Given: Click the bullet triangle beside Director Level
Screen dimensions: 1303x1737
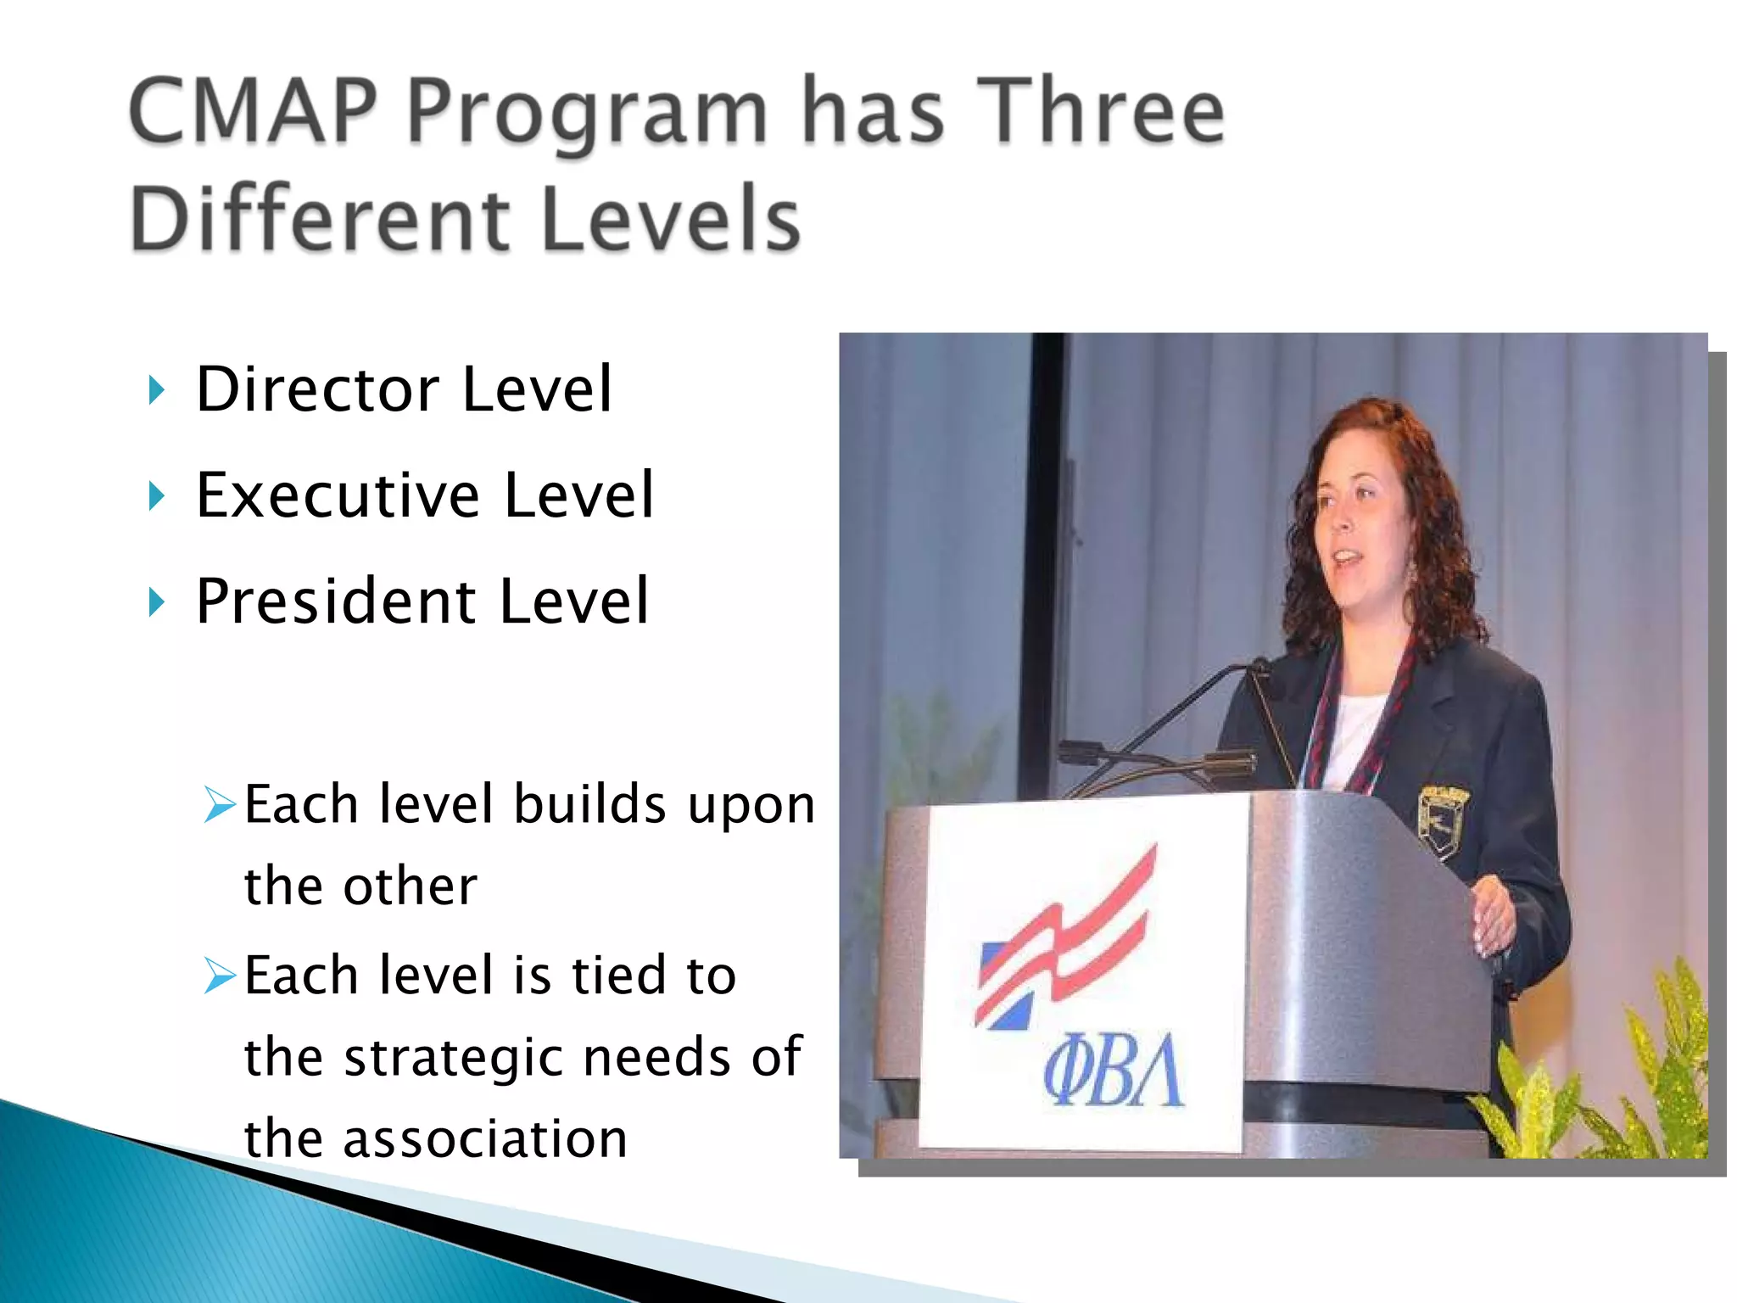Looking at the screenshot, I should tap(156, 391).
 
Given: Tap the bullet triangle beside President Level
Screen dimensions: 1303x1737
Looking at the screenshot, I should tap(156, 602).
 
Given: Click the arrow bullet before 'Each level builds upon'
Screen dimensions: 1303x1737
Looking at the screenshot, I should tap(220, 804).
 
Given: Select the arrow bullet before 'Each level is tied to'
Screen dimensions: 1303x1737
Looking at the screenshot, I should tap(220, 976).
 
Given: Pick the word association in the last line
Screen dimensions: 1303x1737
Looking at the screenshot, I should tap(484, 1139).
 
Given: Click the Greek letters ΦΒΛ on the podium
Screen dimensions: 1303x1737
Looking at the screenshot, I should tap(1112, 1071).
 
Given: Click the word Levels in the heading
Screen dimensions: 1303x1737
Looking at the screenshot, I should tap(670, 218).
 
